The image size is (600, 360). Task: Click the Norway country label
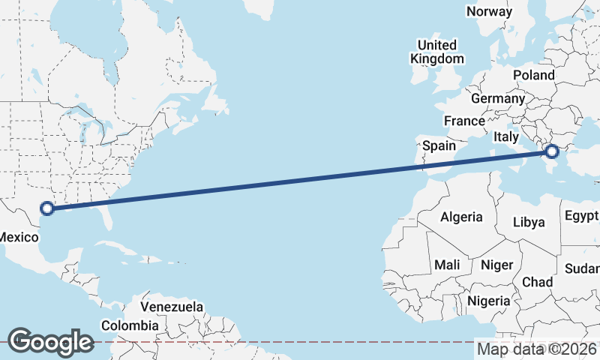click(x=489, y=11)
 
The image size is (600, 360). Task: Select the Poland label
click(x=534, y=75)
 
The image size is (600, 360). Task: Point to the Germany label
click(x=498, y=98)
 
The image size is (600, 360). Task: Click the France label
click(x=464, y=121)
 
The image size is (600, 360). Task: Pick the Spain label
click(x=439, y=145)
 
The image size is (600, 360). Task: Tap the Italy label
click(x=505, y=137)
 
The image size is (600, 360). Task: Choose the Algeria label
click(x=461, y=217)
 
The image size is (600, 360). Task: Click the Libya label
click(x=529, y=222)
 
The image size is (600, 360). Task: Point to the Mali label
click(x=447, y=265)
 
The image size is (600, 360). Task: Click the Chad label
click(x=537, y=282)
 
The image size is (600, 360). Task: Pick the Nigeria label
click(x=488, y=300)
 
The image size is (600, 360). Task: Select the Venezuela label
click(x=172, y=307)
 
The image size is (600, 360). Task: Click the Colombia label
click(x=130, y=325)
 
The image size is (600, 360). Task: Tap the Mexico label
click(x=18, y=237)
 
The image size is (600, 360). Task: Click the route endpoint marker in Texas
click(x=48, y=208)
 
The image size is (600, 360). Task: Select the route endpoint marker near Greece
click(x=552, y=151)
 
